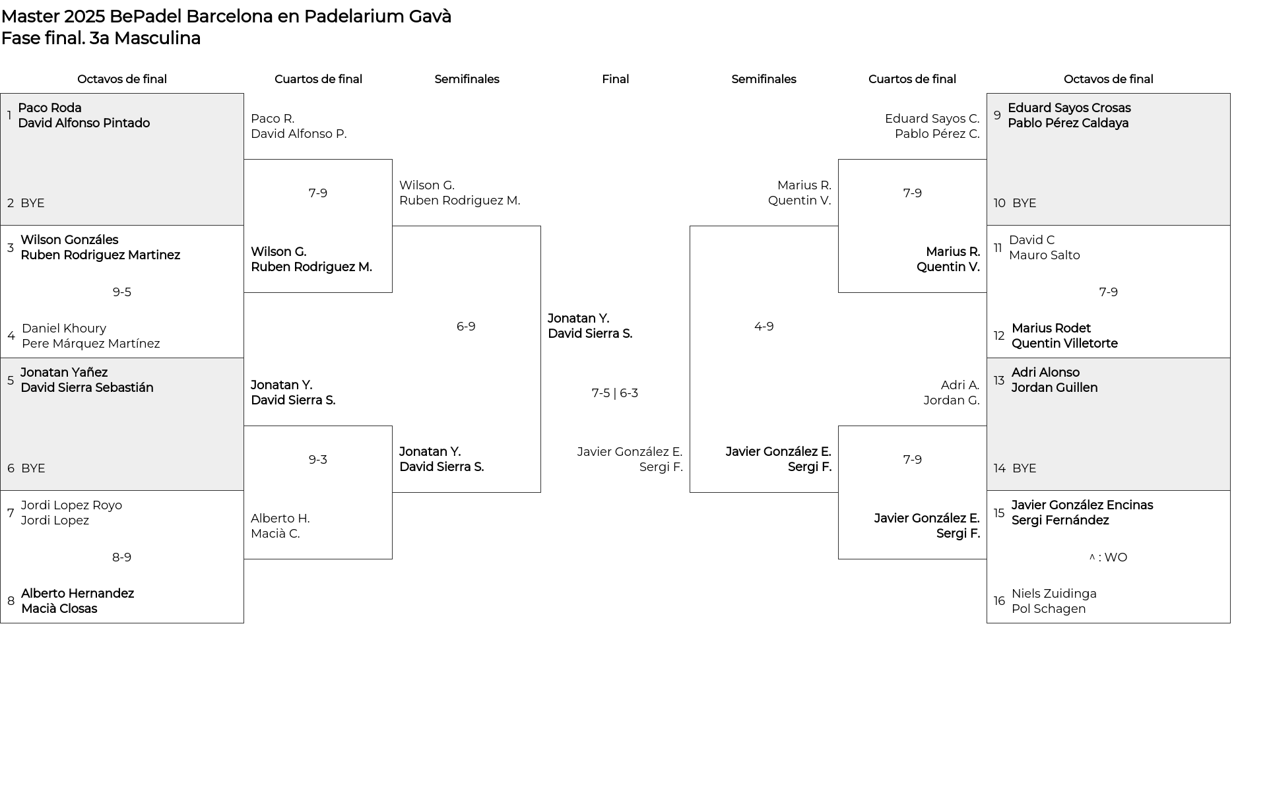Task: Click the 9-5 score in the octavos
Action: point(122,292)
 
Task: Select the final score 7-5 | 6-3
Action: point(615,393)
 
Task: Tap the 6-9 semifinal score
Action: point(466,327)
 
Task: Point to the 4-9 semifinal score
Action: point(764,327)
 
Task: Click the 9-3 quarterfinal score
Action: point(318,460)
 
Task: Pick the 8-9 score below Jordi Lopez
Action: point(122,557)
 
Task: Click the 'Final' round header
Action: point(615,79)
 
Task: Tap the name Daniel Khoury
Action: point(64,329)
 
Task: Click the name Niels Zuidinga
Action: point(1054,594)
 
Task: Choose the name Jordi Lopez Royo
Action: point(71,505)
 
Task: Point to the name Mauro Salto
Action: point(1045,255)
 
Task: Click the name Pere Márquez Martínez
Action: point(91,344)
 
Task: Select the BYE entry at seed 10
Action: point(1024,203)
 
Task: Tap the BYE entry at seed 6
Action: point(33,468)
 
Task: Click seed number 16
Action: point(999,601)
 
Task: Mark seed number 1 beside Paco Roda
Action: point(9,115)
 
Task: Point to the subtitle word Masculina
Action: point(157,38)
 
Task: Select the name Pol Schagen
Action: point(1049,609)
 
